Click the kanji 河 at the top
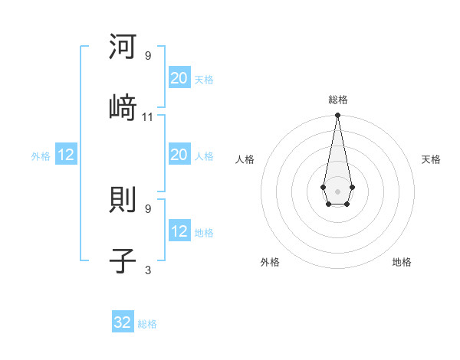tap(123, 47)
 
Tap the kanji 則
tap(123, 201)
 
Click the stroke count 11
tap(148, 116)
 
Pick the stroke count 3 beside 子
tap(148, 270)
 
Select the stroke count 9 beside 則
tap(148, 208)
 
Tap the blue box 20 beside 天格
tap(179, 77)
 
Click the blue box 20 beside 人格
tap(179, 155)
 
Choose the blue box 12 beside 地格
tap(179, 231)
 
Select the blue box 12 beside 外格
tap(66, 155)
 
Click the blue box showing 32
tap(123, 322)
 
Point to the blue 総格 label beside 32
tap(147, 324)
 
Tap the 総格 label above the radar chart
tap(337, 100)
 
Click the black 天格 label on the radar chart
tap(431, 159)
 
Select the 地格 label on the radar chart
tap(402, 262)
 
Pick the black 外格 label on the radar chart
tap(270, 262)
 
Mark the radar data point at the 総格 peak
tap(337, 116)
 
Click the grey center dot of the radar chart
tap(337, 190)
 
